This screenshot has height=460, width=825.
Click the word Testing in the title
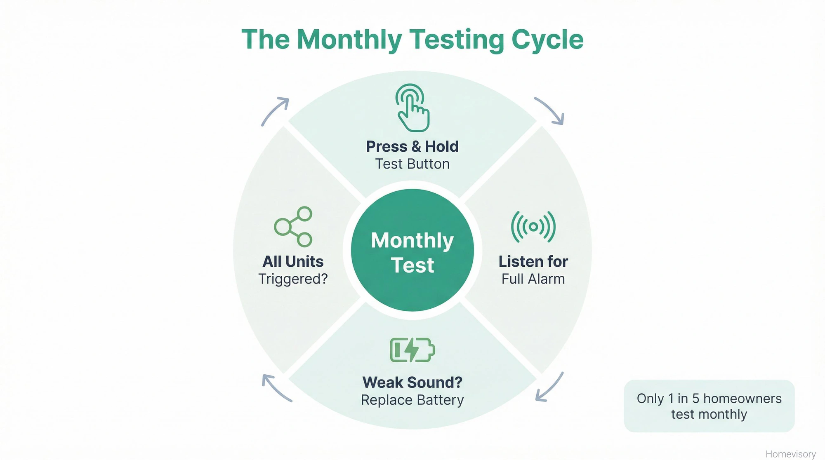[x=456, y=40]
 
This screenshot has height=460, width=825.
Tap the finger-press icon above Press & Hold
[x=412, y=108]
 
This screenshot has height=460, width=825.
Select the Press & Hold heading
[x=412, y=146]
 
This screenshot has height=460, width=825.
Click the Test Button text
[x=412, y=164]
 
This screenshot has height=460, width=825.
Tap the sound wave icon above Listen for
[x=533, y=227]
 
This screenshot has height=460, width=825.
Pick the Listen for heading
[x=533, y=261]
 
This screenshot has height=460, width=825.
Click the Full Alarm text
[x=533, y=279]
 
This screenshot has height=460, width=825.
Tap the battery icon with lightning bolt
[x=412, y=350]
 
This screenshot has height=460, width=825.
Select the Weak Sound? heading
[x=412, y=383]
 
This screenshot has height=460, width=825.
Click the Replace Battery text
[x=412, y=400]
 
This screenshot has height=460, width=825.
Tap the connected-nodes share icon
[x=293, y=227]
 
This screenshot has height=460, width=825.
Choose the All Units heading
[x=293, y=261]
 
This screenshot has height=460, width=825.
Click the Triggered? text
[x=293, y=279]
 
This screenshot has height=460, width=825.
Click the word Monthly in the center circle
[x=412, y=240]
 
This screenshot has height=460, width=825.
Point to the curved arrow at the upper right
[x=550, y=110]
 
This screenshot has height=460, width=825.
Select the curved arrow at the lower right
[x=549, y=387]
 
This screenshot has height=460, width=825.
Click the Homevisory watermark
[x=790, y=454]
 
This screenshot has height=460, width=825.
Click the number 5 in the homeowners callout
[x=695, y=399]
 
